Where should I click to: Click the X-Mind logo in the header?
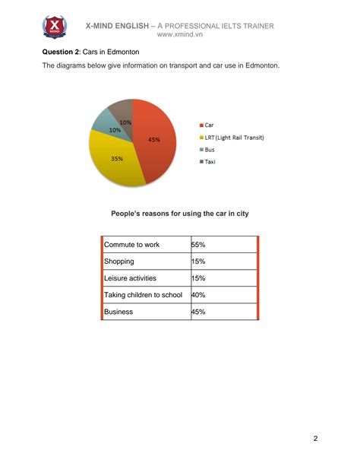54,27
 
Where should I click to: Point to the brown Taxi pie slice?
122,109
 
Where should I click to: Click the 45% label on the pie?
154,140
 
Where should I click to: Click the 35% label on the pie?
117,159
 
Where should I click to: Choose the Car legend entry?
209,124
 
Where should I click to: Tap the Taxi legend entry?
210,162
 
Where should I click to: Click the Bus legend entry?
210,150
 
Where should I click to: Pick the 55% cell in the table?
199,245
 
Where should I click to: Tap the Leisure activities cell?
130,278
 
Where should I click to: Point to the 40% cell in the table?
199,295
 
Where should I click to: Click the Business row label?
118,312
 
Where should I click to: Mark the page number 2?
315,439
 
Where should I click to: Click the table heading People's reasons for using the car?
179,214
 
